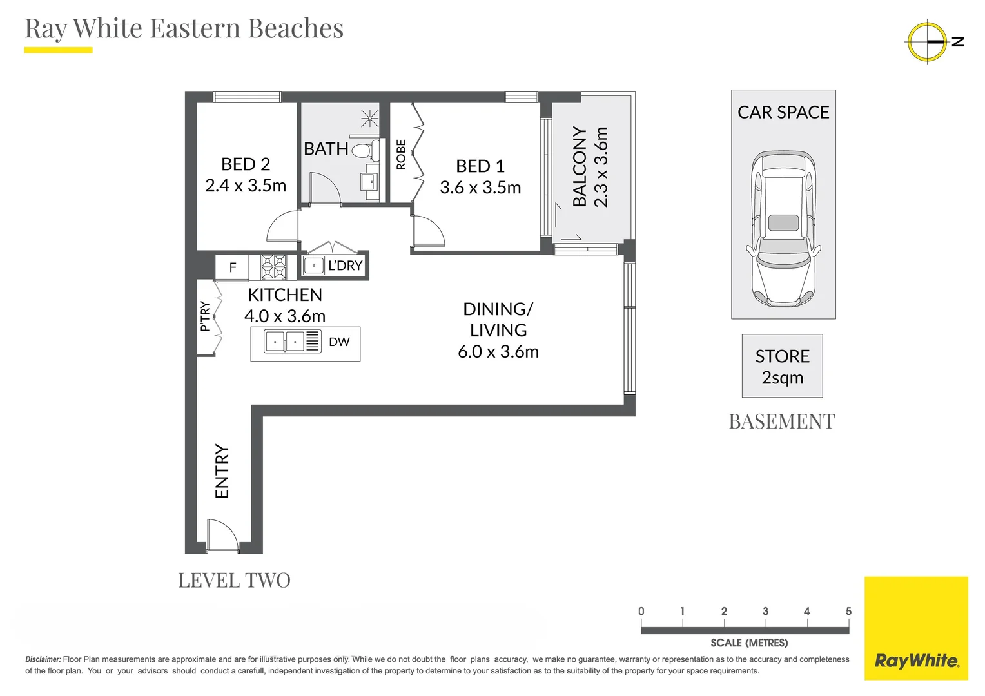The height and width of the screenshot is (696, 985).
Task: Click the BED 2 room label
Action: click(x=245, y=164)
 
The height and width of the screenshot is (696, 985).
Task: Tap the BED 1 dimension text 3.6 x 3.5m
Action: click(x=480, y=188)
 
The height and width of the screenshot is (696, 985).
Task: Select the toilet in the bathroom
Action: click(x=363, y=150)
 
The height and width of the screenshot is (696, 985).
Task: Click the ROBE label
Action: click(x=401, y=155)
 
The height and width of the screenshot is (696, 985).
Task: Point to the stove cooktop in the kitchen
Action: click(x=273, y=266)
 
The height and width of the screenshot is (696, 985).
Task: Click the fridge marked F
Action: click(x=233, y=267)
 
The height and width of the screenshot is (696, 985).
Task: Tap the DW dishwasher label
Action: click(x=339, y=342)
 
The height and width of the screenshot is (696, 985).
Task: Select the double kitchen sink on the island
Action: click(x=285, y=341)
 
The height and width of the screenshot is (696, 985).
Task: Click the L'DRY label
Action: click(x=345, y=266)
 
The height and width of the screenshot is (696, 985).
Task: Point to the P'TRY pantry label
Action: click(x=205, y=316)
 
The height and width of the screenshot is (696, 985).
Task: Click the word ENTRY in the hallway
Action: click(x=222, y=471)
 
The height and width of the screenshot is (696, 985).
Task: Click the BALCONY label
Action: click(x=580, y=166)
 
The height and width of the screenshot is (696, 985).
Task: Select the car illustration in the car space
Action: click(x=783, y=229)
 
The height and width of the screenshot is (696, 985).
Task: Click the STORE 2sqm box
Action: click(x=782, y=366)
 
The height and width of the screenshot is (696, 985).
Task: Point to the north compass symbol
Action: click(x=927, y=42)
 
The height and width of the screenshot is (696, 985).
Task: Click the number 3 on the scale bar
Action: click(x=765, y=611)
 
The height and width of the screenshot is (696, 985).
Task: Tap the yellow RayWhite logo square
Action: click(x=916, y=628)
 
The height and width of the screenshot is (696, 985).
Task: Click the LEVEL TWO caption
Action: click(x=234, y=581)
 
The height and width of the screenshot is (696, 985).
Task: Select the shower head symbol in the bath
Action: click(x=370, y=118)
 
